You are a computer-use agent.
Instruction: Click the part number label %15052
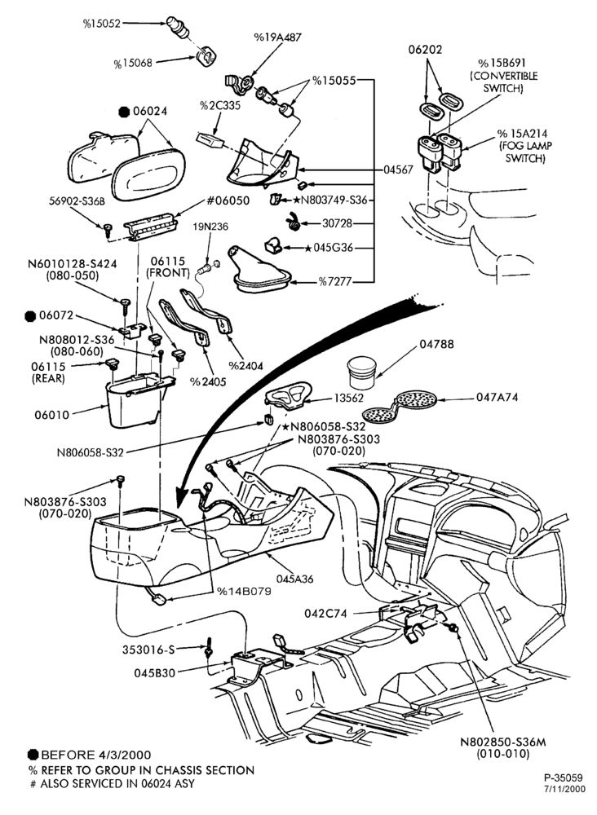[x=101, y=23]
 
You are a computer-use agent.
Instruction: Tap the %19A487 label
[x=277, y=37]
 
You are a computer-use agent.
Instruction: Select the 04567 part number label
[x=398, y=170]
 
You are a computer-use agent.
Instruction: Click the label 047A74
[x=497, y=397]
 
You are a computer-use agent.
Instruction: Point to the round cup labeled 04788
[x=361, y=372]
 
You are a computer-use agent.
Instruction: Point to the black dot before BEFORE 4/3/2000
[x=33, y=755]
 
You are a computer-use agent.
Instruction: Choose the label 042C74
[x=325, y=614]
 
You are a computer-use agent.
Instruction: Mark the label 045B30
[x=155, y=673]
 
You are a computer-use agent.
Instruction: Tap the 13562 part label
[x=347, y=397]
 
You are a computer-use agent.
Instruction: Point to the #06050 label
[x=228, y=200]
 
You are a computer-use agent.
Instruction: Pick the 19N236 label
[x=210, y=227]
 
